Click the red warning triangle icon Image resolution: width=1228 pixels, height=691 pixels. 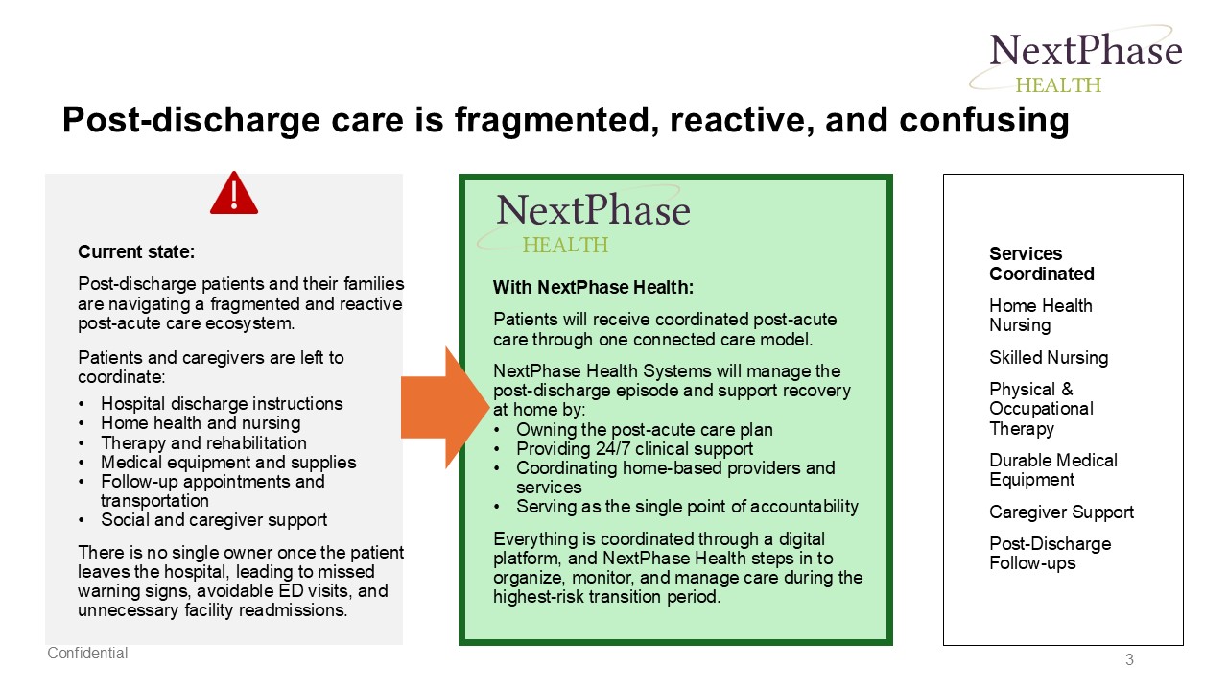tap(234, 194)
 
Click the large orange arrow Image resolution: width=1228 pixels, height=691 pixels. tap(445, 407)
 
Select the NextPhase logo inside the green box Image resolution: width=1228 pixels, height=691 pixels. tap(591, 221)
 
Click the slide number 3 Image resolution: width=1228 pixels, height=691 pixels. tap(1129, 659)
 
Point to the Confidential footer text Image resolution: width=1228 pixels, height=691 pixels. tap(88, 654)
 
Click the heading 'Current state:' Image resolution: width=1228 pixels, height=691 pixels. tap(136, 252)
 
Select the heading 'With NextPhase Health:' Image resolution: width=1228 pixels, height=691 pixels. tap(593, 287)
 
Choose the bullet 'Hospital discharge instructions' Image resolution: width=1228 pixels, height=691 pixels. tap(222, 404)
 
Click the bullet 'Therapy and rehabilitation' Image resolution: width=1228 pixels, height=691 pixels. tap(203, 442)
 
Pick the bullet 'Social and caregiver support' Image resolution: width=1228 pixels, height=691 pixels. tap(214, 520)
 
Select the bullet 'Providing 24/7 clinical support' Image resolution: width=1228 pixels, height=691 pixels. tap(634, 449)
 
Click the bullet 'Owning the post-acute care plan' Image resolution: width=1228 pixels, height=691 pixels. tap(644, 430)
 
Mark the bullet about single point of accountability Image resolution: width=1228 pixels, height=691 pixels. tap(687, 507)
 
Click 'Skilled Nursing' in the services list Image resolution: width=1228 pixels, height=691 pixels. tap(1049, 358)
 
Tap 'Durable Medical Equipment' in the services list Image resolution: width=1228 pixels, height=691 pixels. tap(1052, 470)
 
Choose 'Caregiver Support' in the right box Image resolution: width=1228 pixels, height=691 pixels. tap(1061, 512)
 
